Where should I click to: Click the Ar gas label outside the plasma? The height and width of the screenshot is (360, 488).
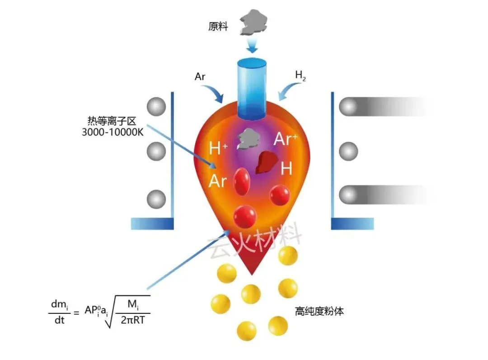200,76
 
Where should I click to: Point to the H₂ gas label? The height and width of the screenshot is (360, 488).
300,76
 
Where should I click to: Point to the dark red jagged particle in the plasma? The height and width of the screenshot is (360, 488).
267,163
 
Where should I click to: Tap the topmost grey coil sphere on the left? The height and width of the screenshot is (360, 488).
156,107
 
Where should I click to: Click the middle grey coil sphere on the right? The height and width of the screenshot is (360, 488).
348,151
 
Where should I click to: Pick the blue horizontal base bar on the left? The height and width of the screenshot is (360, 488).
152,223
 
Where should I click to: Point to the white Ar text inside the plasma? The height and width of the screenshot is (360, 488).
217,180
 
